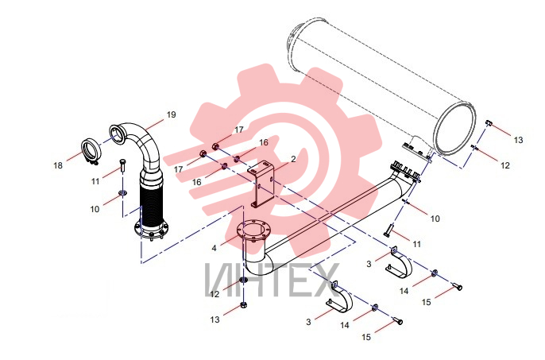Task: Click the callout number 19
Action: point(172,114)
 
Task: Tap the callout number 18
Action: point(58,165)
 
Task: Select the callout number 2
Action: point(293,159)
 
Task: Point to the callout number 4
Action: point(215,248)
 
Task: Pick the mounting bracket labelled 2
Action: point(261,184)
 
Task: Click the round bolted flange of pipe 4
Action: point(252,230)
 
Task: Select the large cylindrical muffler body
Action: point(381,87)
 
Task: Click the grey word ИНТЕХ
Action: point(272,280)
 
